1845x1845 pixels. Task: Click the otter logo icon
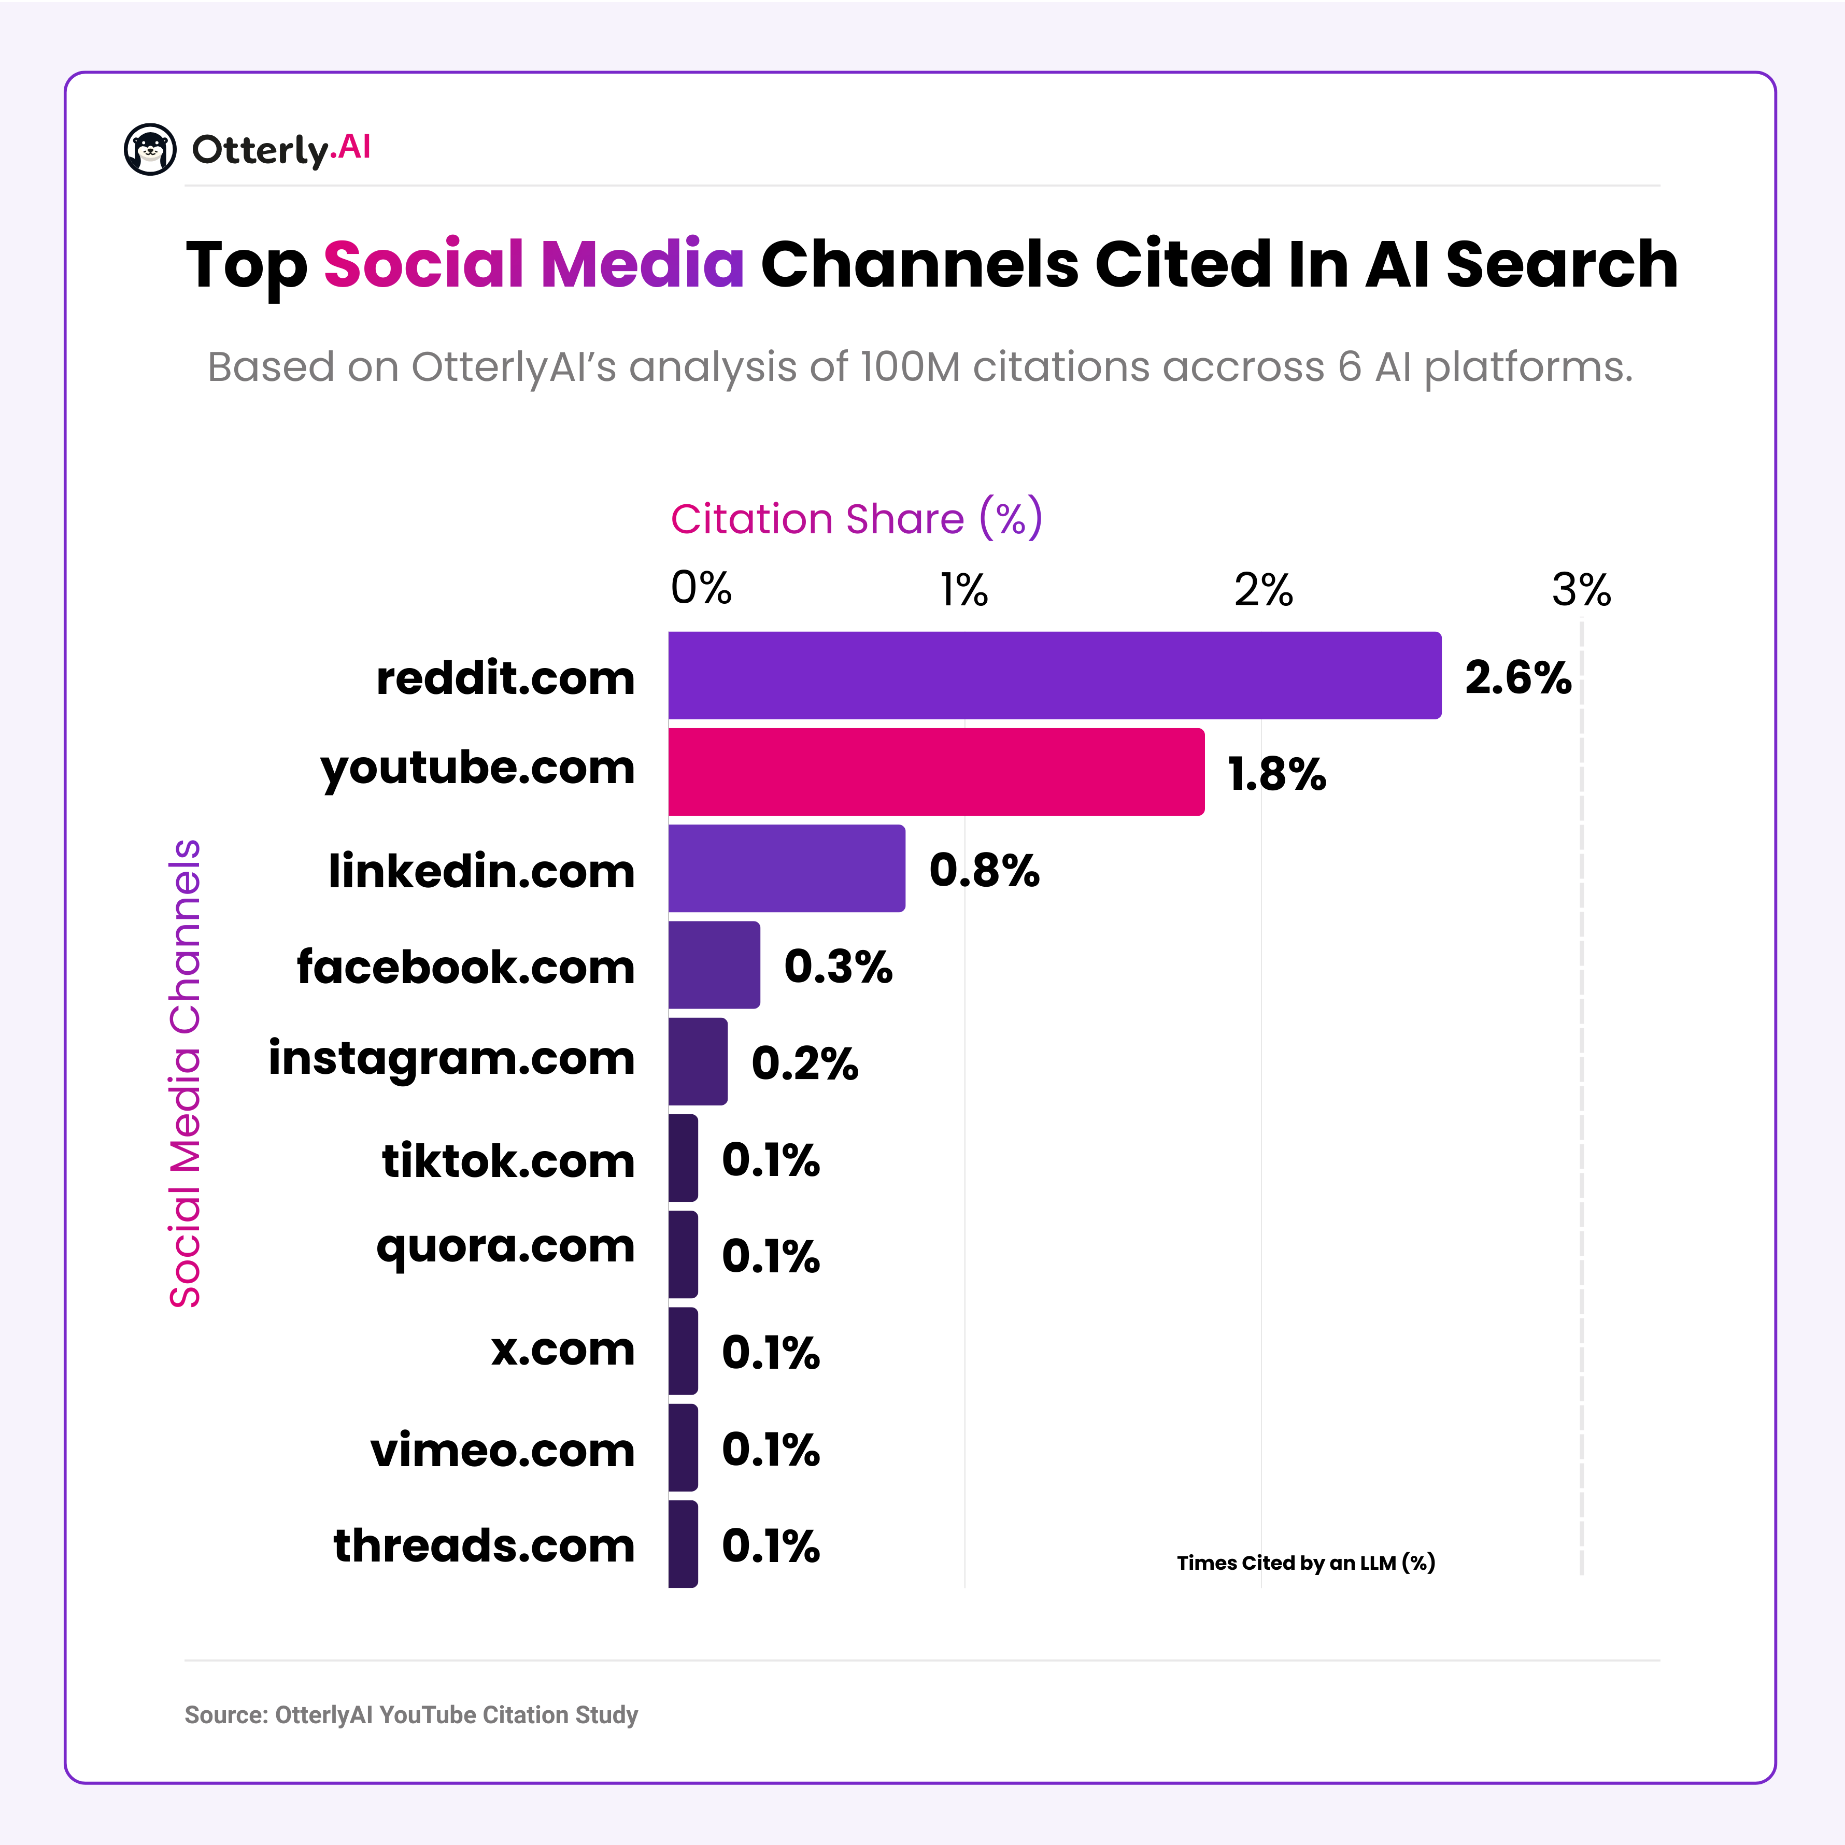[x=150, y=149]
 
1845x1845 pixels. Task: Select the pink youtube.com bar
[x=936, y=772]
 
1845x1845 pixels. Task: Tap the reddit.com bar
[x=1054, y=675]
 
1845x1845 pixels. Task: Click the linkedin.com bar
[x=786, y=868]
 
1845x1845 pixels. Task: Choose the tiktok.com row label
[x=508, y=1160]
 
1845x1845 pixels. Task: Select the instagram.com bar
[x=697, y=1061]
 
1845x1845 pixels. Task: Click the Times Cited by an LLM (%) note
[x=1305, y=1563]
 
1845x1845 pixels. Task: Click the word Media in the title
[x=642, y=264]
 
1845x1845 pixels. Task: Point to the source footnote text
[x=410, y=1714]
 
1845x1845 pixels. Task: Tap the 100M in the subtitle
[x=909, y=367]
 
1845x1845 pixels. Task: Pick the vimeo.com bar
[x=682, y=1447]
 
